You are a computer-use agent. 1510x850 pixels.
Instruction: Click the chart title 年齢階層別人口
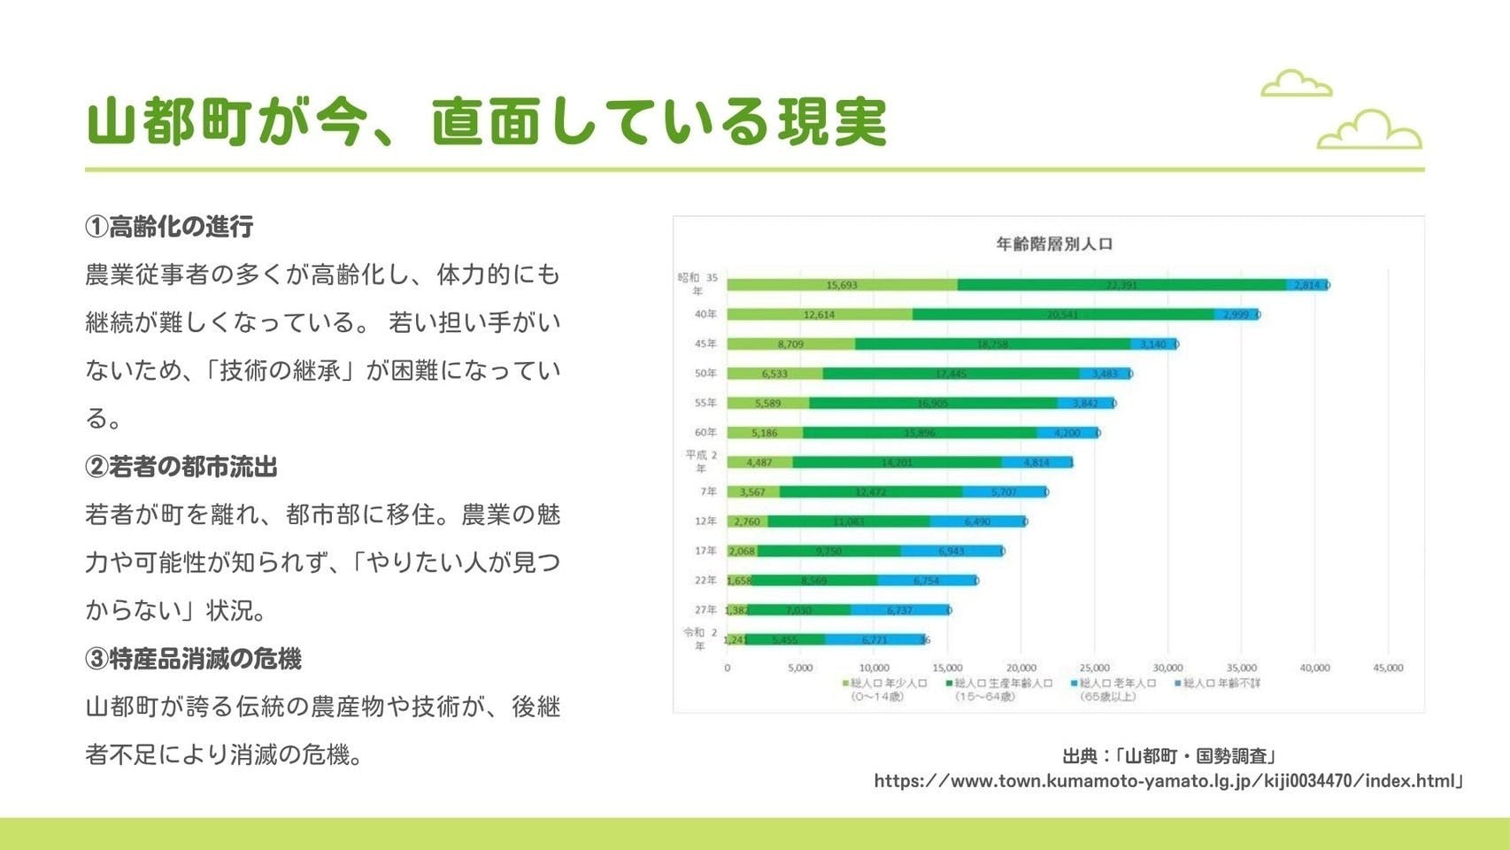1053,243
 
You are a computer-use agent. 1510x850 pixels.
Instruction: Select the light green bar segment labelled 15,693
842,285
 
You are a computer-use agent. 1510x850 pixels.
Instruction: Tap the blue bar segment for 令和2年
874,639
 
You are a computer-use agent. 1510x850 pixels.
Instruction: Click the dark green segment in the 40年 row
1062,314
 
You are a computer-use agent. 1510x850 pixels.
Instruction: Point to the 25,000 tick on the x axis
1094,668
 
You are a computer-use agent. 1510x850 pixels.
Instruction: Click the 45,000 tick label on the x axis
1387,668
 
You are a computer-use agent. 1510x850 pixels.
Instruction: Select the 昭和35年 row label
698,283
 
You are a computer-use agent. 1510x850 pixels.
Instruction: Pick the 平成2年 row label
701,461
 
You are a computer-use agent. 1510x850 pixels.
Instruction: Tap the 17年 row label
705,551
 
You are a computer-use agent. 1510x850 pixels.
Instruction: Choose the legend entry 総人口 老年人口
1116,684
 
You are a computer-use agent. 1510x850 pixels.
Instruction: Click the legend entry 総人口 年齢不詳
1221,684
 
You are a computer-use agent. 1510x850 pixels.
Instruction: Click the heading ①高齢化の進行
169,227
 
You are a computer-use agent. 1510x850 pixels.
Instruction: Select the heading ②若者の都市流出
181,467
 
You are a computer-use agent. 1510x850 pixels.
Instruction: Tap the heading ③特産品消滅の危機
193,659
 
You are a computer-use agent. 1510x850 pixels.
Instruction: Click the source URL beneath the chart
1168,781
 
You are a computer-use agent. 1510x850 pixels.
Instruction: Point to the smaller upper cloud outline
1296,83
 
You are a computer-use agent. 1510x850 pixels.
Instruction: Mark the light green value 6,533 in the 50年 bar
774,374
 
